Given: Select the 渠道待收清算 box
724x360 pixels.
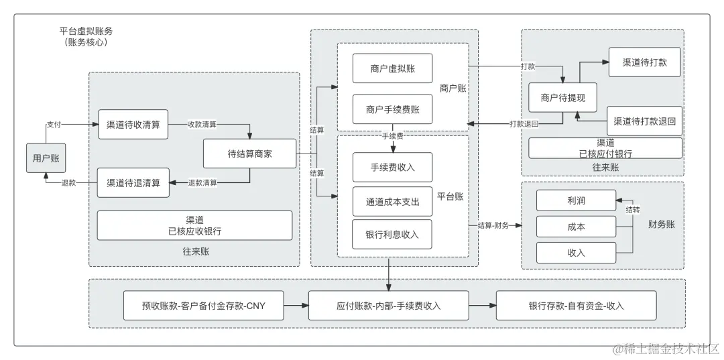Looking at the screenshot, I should (x=133, y=124).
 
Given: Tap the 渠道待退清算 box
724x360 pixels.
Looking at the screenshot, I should (x=133, y=182).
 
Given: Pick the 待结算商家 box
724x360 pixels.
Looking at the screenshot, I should (x=249, y=154).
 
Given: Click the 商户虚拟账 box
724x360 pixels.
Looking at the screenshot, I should (x=392, y=68).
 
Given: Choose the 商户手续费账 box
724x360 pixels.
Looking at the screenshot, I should (x=392, y=109).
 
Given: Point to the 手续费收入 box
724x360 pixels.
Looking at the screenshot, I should (x=392, y=167).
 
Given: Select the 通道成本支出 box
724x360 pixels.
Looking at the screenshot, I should (x=392, y=201).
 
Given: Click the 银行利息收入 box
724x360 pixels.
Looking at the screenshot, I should (x=392, y=234).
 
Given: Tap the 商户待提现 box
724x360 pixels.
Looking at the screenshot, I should (x=562, y=98).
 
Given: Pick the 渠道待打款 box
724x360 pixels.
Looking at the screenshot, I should (x=644, y=62).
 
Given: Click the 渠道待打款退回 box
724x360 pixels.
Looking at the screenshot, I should (x=644, y=121).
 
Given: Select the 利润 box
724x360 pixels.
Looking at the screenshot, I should (x=576, y=200).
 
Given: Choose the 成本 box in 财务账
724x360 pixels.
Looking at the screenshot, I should (x=576, y=227).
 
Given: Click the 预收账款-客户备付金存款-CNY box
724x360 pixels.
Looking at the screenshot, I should (x=204, y=306).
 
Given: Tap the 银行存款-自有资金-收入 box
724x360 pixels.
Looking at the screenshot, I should (x=576, y=306).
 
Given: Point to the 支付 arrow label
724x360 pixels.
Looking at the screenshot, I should (x=54, y=125).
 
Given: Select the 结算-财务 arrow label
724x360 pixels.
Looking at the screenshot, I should (x=493, y=226).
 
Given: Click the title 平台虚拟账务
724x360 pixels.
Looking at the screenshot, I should (x=86, y=32).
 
